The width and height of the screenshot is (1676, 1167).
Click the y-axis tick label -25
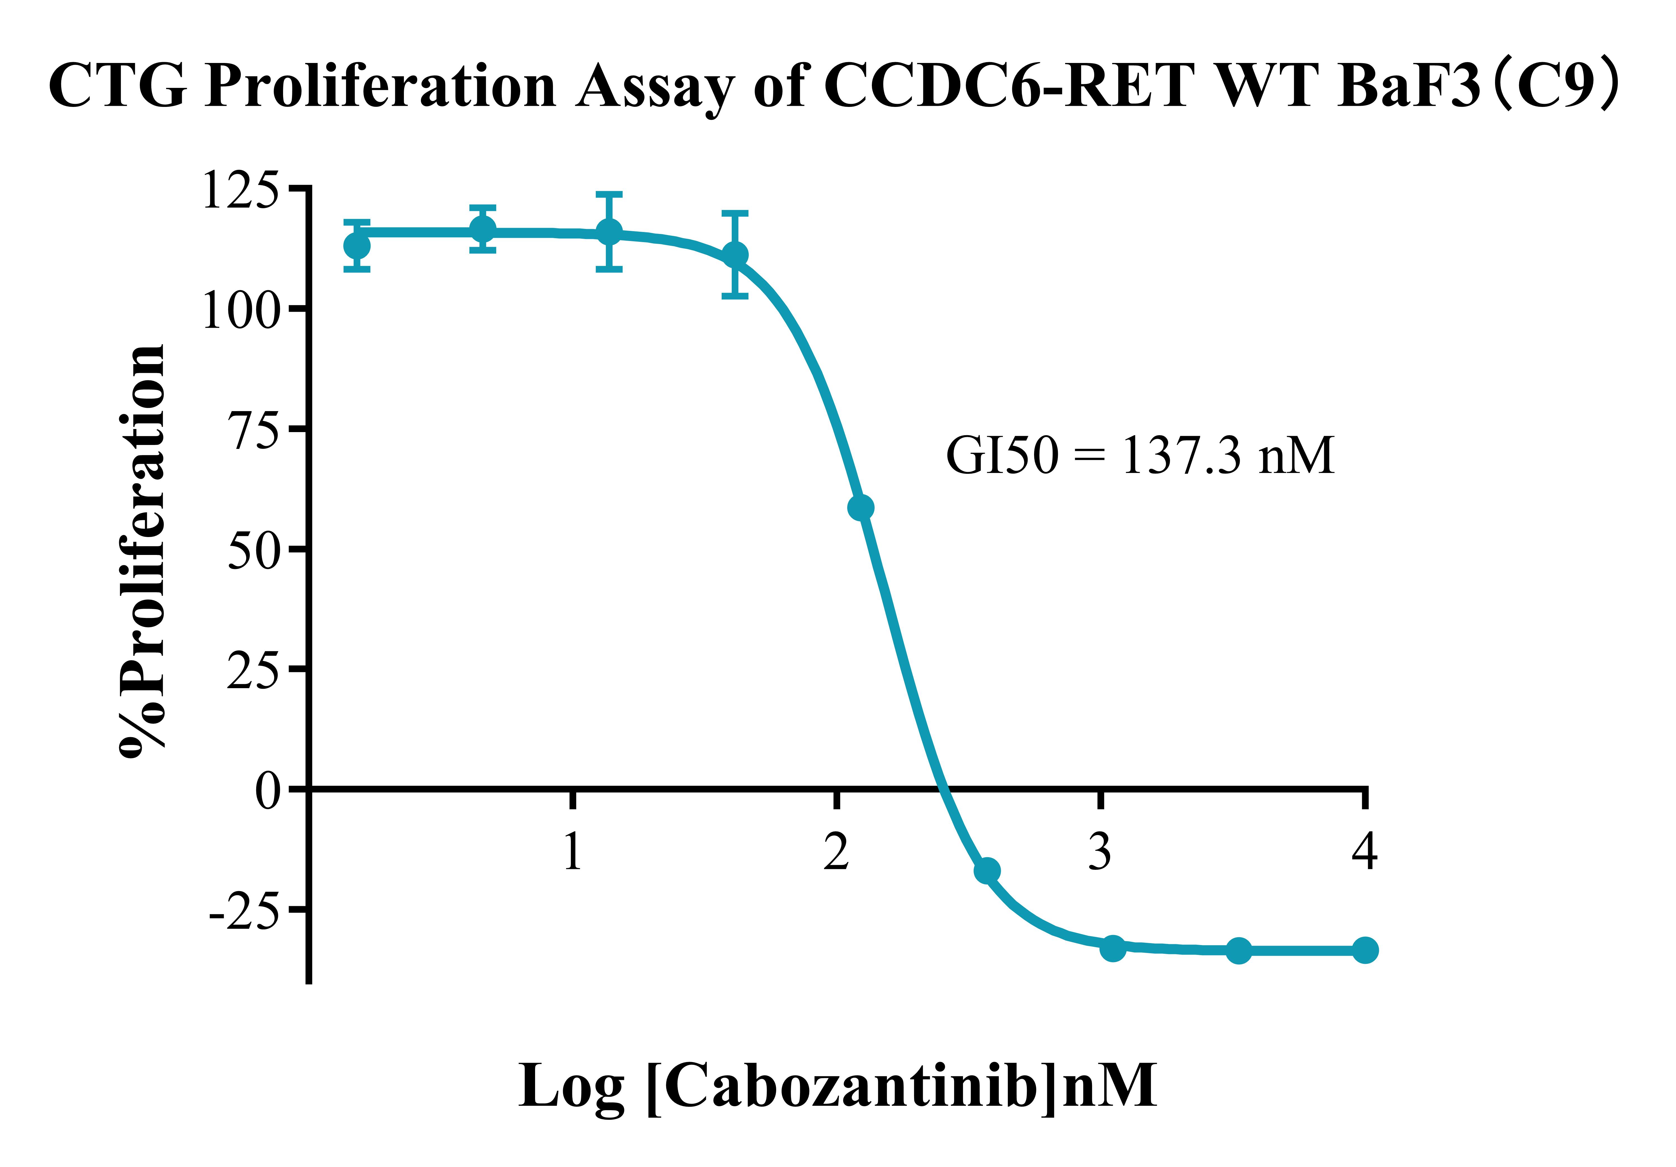(x=244, y=913)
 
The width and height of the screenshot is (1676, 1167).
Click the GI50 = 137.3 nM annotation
(x=1140, y=456)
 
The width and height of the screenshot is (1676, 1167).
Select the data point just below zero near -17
(x=987, y=871)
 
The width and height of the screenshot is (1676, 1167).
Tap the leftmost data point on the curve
(x=357, y=245)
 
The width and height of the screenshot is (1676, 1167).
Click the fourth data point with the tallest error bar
(x=735, y=254)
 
